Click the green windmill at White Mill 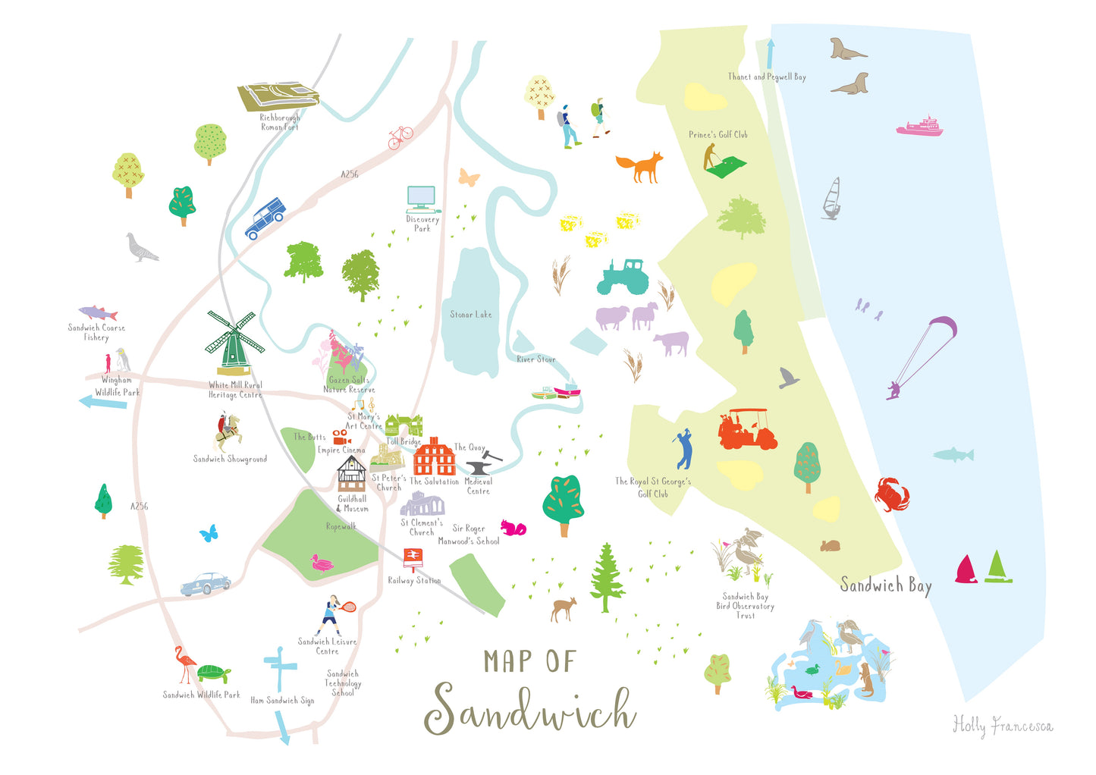tap(234, 343)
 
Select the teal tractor tap(622, 277)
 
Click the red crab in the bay tap(891, 494)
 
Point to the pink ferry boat tap(920, 127)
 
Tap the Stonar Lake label tap(470, 314)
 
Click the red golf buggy tap(747, 429)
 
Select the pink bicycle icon tap(400, 137)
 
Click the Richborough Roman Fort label tap(280, 122)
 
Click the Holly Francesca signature tap(1002, 726)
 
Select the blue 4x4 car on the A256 tap(265, 218)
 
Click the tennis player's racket tap(349, 607)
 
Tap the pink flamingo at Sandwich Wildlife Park tap(184, 664)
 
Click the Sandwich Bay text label tap(885, 585)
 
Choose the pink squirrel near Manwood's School tap(513, 527)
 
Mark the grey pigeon tap(141, 248)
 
